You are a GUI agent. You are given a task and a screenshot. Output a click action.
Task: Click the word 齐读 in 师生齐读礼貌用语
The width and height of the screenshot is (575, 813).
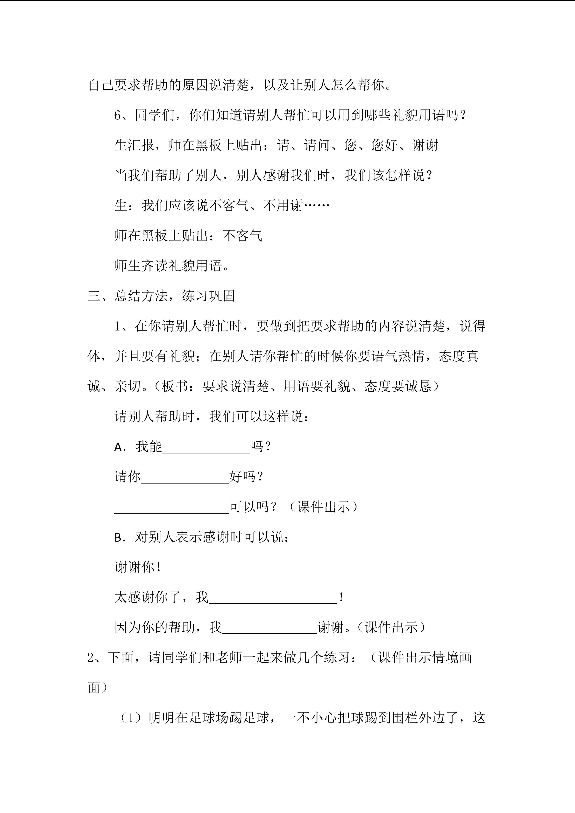tap(155, 266)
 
